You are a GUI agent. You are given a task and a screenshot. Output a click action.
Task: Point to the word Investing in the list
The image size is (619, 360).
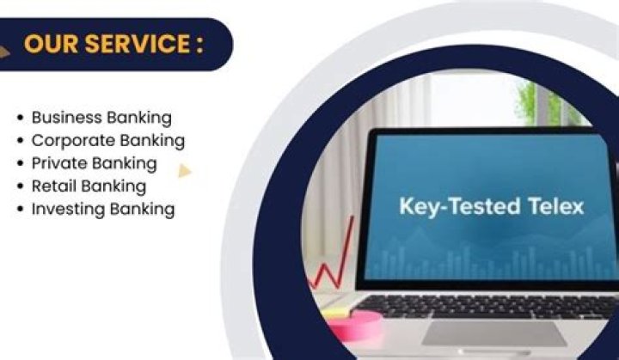point(67,209)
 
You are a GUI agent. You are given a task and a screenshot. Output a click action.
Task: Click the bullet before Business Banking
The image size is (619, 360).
point(20,118)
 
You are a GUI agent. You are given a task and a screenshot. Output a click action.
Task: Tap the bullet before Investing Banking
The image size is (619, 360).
point(20,210)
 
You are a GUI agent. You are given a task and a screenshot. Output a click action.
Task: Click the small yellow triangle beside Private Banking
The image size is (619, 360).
point(184,171)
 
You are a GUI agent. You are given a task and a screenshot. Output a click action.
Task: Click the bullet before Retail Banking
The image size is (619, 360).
point(20,186)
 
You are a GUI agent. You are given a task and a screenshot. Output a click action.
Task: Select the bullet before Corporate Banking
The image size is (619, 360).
point(20,140)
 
